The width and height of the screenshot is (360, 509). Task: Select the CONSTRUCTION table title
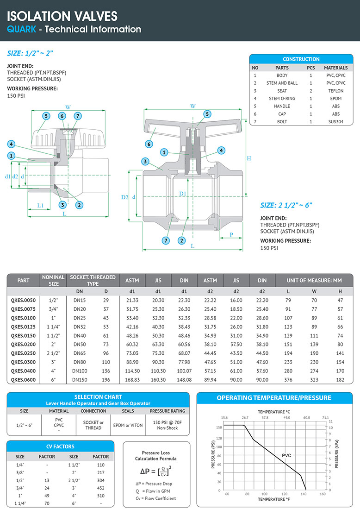coord(301,59)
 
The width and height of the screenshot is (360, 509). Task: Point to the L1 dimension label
coord(40,205)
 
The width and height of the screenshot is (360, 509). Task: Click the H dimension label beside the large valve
coord(248,158)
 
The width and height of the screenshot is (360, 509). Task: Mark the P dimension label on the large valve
coord(231,235)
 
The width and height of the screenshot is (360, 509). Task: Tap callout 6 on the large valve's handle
coord(149,144)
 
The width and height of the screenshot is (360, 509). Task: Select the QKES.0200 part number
coord(23,344)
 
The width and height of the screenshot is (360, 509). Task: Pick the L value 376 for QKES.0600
coord(288,380)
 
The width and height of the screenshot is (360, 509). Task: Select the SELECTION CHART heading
coord(98,397)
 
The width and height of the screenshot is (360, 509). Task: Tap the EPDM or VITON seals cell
coord(126,425)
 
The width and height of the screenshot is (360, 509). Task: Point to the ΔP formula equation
coord(156,471)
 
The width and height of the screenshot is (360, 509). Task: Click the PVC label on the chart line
coord(287,456)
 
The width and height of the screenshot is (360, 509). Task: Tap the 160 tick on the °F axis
coord(323,494)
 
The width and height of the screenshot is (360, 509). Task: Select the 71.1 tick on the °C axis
coord(325,417)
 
